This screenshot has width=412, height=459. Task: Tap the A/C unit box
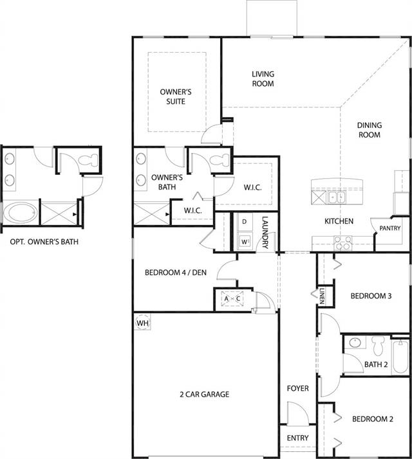pos(232,298)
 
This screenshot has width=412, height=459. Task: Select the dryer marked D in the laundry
pos(245,222)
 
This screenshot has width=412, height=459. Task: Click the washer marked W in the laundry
pos(245,241)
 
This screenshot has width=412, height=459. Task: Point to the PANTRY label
pos(389,228)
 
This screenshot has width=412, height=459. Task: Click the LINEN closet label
pos(323,296)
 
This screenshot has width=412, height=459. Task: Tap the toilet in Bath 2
pos(379,345)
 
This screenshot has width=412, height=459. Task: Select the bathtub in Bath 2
pos(400,356)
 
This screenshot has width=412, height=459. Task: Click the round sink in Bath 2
pos(355,342)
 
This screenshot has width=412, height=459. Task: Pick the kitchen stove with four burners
pos(342,243)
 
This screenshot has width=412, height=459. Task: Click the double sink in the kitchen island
pos(337,197)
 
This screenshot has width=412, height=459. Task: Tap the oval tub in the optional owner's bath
pos(21,213)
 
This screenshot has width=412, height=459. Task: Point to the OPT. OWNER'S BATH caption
pos(44,242)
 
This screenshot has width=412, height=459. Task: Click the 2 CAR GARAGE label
pos(204,394)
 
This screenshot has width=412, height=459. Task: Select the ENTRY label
pos(297,438)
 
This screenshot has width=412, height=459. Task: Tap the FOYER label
pos(297,388)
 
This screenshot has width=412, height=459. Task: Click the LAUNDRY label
pos(265,232)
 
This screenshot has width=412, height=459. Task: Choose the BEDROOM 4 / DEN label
pos(176,273)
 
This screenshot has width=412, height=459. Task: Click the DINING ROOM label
pos(370,130)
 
